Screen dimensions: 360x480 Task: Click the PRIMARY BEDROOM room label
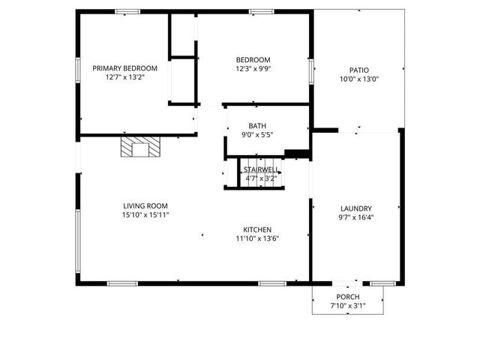pos(124,67)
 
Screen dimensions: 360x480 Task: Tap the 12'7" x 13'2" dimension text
pos(124,76)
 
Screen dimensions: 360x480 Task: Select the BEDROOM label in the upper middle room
pos(253,60)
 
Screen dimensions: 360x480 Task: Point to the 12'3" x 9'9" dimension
pos(253,69)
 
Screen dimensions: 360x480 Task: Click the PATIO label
pos(359,70)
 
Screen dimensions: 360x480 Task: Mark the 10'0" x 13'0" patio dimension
pos(359,79)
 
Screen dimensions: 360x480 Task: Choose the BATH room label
pos(257,126)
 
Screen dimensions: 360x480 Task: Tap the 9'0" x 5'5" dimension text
pos(257,135)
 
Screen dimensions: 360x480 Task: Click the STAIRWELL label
pos(261,170)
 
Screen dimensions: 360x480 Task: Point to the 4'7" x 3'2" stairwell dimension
pos(261,178)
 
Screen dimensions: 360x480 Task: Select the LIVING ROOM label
pos(145,206)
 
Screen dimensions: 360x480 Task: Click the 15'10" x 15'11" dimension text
pos(145,215)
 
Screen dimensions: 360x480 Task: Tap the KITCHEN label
pos(256,229)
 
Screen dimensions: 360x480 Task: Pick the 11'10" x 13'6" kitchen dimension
pos(256,238)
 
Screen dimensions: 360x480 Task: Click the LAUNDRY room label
pos(356,208)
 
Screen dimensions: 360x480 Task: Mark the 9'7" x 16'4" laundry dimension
pos(356,217)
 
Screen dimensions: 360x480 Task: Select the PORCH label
pos(348,297)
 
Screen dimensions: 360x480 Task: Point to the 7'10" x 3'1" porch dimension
pos(348,306)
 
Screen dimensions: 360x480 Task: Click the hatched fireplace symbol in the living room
pos(140,147)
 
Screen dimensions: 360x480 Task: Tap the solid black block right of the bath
pos(298,155)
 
